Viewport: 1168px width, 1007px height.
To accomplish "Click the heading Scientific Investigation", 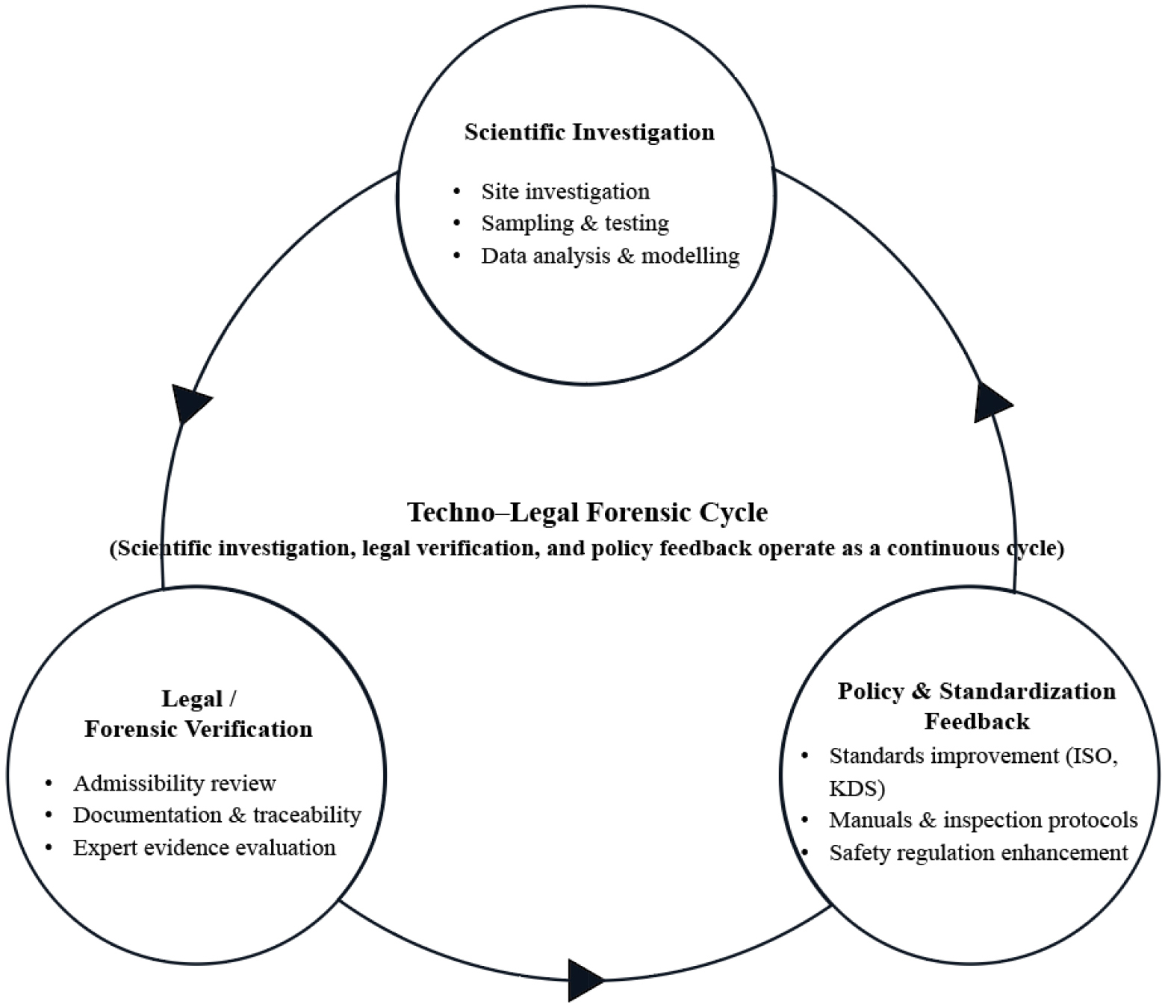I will pos(589,132).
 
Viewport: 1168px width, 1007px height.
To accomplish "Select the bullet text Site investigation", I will pos(565,192).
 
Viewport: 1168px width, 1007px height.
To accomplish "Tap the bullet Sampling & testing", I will pos(575,223).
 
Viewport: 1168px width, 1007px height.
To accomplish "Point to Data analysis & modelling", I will pos(610,256).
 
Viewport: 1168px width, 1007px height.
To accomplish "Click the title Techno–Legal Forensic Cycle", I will pos(587,513).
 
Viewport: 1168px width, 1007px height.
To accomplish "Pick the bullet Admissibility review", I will pos(174,783).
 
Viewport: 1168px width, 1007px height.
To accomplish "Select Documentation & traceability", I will pos(217,815).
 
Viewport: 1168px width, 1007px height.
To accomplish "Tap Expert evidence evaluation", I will pos(204,848).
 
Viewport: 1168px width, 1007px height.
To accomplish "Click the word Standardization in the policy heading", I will pos(1027,691).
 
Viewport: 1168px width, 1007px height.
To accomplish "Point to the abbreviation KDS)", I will pos(857,788).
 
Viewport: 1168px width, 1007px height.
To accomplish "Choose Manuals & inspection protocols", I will pos(983,820).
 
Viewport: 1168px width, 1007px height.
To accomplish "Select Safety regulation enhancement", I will pos(978,852).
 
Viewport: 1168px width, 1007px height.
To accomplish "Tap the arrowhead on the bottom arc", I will pos(585,979).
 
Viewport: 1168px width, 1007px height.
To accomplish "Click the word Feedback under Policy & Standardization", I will pos(977,722).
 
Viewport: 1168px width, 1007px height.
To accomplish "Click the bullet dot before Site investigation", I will pos(457,193).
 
